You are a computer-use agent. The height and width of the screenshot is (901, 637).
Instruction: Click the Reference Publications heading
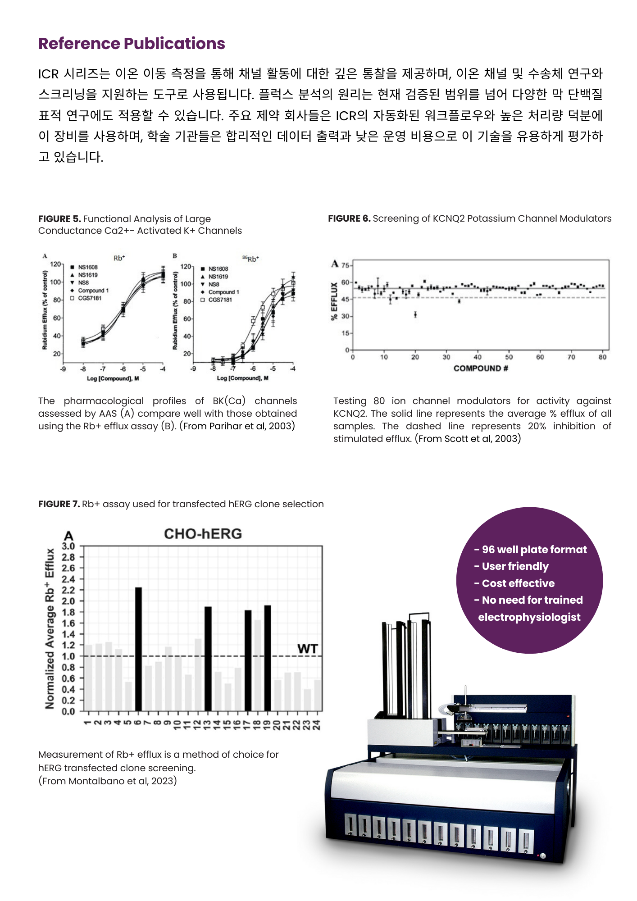[132, 44]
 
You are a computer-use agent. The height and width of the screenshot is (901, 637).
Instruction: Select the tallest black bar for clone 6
[138, 649]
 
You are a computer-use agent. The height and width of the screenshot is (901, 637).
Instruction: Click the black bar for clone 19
[268, 658]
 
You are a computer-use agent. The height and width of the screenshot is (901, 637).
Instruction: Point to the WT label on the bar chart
[308, 649]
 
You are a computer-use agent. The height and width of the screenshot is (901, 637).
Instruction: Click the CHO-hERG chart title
[203, 534]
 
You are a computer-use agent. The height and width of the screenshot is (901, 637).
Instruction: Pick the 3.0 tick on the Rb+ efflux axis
[68, 546]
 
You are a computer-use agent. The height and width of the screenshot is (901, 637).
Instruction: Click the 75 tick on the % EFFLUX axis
[345, 265]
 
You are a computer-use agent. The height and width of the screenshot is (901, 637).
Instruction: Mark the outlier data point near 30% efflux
[415, 314]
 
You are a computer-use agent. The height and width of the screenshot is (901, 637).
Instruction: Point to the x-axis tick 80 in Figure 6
[602, 357]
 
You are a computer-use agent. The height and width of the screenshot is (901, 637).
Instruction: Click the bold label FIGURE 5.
[59, 219]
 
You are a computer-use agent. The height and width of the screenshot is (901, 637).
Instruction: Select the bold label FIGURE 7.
[59, 504]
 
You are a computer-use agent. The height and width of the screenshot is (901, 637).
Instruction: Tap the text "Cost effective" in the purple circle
[518, 583]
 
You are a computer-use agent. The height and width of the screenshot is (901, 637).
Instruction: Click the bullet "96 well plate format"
[534, 550]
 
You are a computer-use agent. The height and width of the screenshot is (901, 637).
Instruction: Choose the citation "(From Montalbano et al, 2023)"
[108, 781]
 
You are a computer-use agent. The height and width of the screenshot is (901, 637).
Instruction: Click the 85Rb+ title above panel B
[251, 259]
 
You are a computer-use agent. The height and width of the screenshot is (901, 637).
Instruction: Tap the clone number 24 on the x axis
[317, 725]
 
